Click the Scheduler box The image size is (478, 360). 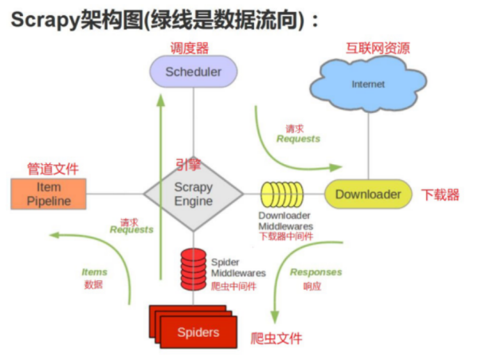point(194,72)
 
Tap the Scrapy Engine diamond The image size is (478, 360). point(194,194)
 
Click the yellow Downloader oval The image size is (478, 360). point(367,194)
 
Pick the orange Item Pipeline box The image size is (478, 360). point(49,193)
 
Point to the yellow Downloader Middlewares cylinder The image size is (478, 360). point(283,194)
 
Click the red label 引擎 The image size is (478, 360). point(188,165)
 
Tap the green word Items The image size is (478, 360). point(94,272)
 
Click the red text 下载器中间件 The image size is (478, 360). point(286,236)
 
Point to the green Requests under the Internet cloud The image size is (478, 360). point(298,139)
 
